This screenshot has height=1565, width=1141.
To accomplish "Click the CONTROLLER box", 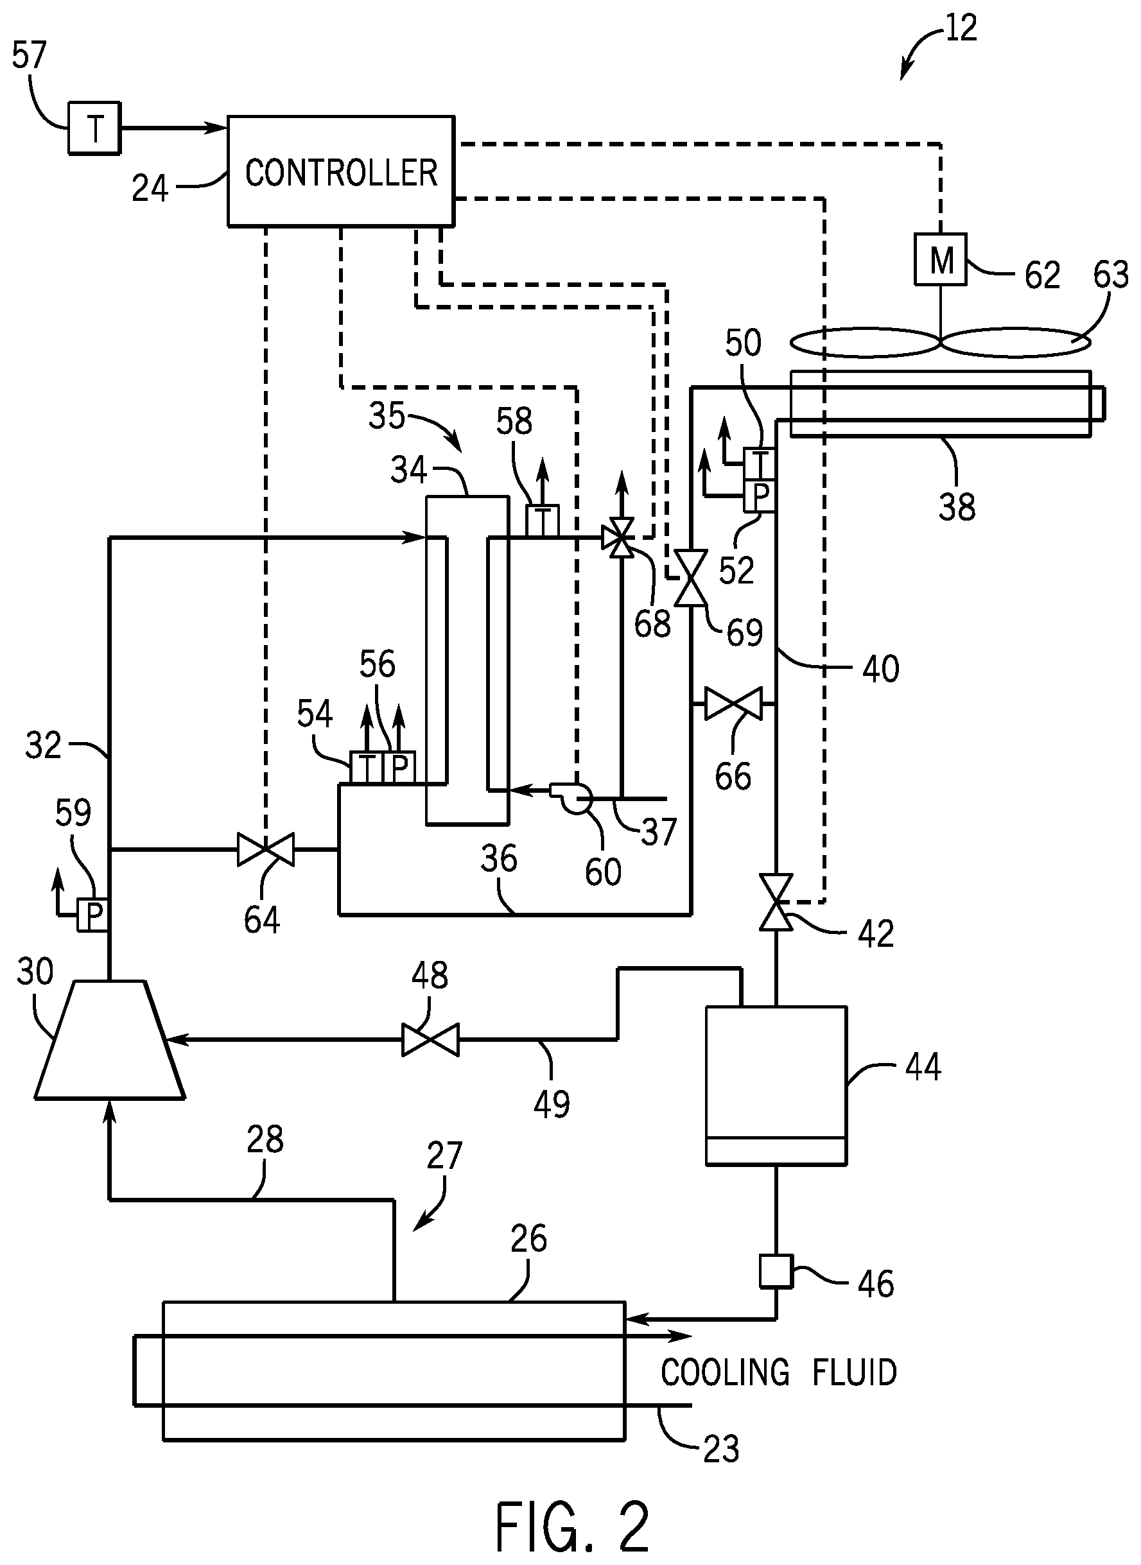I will pyautogui.click(x=341, y=171).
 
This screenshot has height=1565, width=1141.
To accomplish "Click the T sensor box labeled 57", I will pyautogui.click(x=94, y=128).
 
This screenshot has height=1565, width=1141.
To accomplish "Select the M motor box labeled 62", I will pyautogui.click(x=940, y=259).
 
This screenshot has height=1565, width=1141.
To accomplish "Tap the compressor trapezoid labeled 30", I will pyautogui.click(x=109, y=1040).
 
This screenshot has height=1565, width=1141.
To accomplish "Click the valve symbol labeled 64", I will pyautogui.click(x=265, y=849).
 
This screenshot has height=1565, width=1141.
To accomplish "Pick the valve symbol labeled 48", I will pyautogui.click(x=430, y=1039).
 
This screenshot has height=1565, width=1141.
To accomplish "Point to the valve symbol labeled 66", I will pyautogui.click(x=733, y=704).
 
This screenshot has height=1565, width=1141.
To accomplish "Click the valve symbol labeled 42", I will pyautogui.click(x=776, y=902).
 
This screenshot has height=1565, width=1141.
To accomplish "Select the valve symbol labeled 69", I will pyautogui.click(x=690, y=578).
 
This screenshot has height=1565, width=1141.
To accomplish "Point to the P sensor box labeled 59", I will pyautogui.click(x=92, y=915).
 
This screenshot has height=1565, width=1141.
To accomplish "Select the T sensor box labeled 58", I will pyautogui.click(x=542, y=521).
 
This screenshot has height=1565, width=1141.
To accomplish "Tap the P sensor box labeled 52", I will pyautogui.click(x=760, y=496).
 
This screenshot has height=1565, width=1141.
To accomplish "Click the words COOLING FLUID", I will pyautogui.click(x=778, y=1372).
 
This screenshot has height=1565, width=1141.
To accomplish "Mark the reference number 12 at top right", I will pyautogui.click(x=961, y=28).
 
